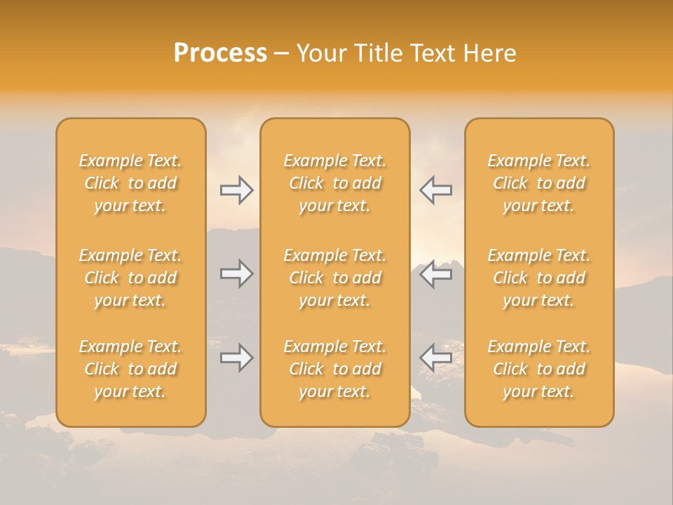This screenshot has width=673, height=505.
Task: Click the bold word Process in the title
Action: [220, 53]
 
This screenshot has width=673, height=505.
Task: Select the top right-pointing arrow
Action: [236, 190]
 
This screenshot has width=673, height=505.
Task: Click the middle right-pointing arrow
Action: [236, 274]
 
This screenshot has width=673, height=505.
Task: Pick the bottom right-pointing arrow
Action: [236, 358]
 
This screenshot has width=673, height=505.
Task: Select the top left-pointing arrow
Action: [436, 190]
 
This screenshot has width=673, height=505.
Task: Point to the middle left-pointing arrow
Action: [436, 274]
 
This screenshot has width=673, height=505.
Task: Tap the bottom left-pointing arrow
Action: [436, 358]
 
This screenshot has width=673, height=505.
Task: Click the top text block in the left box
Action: [130, 183]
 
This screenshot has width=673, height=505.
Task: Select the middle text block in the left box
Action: [130, 278]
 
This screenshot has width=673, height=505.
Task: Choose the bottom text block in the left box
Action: [130, 369]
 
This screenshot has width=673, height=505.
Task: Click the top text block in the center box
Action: [335, 183]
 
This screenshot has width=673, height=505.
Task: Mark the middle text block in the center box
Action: [335, 278]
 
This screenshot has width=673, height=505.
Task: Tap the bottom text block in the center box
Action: [335, 369]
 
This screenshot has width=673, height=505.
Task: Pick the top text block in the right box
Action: [539, 183]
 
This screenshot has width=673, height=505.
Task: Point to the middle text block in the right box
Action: [539, 278]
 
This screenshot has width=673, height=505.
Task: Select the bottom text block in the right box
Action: [539, 369]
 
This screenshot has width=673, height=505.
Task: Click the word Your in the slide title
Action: [320, 53]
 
